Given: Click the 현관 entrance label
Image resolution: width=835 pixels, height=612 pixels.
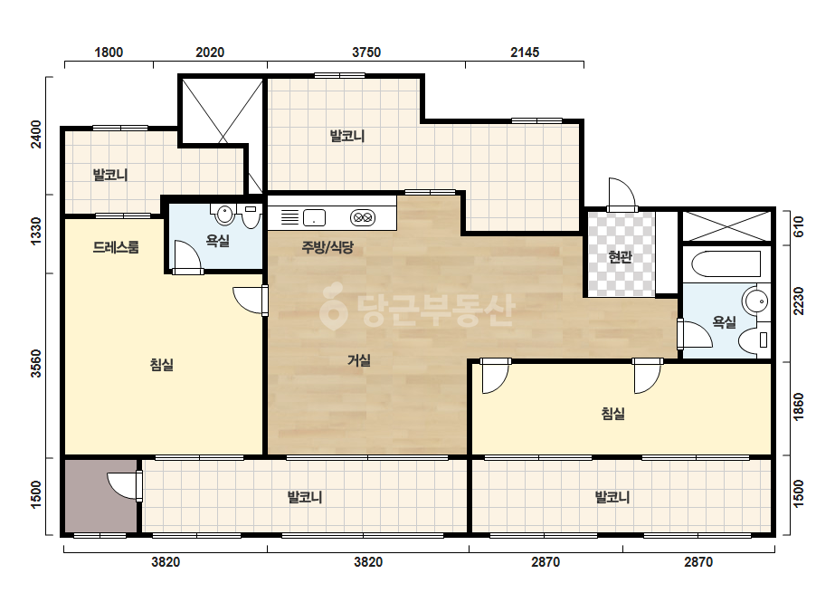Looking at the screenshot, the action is [620, 257].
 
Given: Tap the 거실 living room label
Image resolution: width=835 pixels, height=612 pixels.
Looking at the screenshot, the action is [359, 360].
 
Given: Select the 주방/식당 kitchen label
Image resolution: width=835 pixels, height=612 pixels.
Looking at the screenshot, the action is [327, 247].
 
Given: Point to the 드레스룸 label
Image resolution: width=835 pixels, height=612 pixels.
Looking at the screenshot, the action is [116, 247].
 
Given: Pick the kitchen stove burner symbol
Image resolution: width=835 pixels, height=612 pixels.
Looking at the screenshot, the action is [363, 217].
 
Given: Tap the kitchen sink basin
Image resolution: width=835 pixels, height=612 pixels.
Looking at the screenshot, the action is [314, 217].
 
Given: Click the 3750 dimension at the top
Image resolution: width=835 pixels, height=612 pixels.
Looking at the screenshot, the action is [366, 53].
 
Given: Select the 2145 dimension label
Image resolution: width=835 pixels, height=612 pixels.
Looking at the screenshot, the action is [525, 53].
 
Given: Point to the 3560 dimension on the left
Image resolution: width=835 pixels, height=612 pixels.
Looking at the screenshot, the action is [35, 364].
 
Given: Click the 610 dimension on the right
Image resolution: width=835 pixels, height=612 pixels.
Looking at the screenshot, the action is [798, 227].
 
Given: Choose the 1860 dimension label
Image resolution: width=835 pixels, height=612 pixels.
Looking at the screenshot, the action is [798, 406].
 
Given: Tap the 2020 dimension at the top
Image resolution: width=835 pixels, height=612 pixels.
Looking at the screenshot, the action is [210, 53].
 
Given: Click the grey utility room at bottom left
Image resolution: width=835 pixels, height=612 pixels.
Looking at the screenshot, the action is [100, 495].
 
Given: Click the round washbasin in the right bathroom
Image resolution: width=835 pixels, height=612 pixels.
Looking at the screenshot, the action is [756, 301].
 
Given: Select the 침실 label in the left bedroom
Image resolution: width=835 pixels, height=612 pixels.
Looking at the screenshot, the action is [161, 365].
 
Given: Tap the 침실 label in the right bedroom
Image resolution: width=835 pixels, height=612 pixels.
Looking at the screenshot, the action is [613, 413].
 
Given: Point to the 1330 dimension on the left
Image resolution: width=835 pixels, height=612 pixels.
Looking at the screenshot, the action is [35, 232].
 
